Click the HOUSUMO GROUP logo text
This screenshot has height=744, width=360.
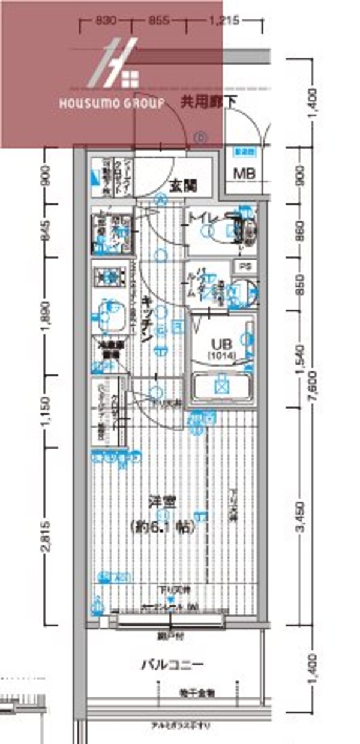click(112, 103)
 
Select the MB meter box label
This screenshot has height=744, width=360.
click(244, 174)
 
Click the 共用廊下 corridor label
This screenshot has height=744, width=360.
click(208, 103)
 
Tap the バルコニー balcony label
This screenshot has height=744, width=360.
click(172, 665)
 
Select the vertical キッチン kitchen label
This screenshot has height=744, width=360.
click(146, 318)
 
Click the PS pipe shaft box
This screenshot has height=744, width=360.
click(244, 266)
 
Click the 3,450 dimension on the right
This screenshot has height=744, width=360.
click(302, 517)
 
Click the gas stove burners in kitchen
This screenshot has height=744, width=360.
click(109, 277)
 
